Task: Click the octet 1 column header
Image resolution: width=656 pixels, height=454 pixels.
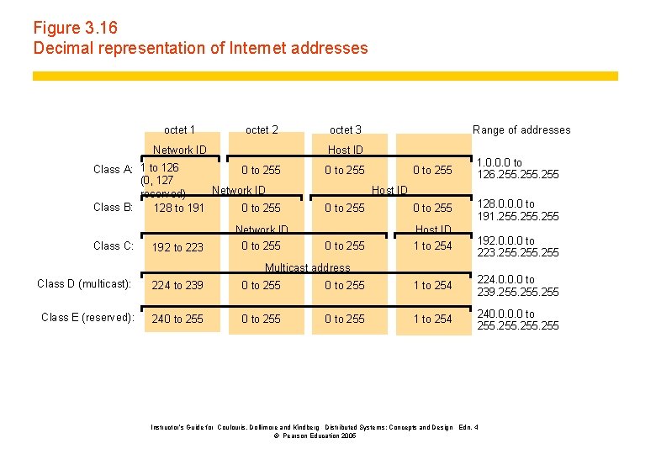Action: click(179, 129)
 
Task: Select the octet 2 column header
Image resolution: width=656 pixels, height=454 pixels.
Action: click(262, 129)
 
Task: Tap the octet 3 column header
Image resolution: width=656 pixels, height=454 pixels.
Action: click(346, 129)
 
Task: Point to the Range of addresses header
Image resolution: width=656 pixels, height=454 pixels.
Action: click(521, 129)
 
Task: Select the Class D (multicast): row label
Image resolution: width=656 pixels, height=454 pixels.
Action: click(84, 283)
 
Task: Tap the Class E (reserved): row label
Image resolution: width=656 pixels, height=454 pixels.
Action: click(87, 317)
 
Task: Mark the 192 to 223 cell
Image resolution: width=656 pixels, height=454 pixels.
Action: click(177, 247)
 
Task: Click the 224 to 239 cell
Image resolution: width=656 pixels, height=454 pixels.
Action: click(177, 285)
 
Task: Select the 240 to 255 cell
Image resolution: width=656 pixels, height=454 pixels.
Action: click(177, 319)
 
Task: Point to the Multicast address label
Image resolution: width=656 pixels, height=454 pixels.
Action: click(307, 267)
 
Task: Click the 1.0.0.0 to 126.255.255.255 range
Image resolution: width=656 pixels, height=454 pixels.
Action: click(516, 168)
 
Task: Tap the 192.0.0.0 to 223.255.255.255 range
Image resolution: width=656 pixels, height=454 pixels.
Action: click(516, 246)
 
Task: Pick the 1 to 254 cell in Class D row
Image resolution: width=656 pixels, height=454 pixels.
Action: click(431, 285)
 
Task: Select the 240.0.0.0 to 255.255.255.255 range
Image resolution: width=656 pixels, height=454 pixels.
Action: click(516, 319)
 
